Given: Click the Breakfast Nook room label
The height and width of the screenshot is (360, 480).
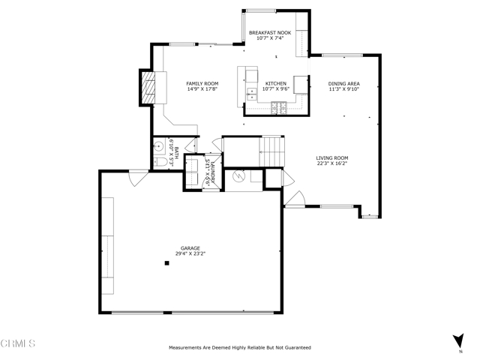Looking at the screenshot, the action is [270, 33].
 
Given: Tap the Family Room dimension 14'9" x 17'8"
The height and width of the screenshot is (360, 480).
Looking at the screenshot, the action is [202, 89].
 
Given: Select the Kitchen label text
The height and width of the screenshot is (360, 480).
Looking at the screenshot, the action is [276, 83].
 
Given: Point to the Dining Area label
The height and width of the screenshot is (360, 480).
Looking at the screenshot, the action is [344, 83].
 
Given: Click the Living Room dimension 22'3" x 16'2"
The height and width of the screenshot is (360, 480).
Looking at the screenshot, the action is [332, 163].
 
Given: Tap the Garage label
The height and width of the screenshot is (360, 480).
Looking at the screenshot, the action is [190, 248].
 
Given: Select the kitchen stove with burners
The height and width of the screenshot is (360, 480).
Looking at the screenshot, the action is [279, 108].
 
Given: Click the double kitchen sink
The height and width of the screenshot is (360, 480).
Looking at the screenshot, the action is [252, 94].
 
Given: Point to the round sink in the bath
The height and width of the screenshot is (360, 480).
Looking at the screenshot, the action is [158, 147].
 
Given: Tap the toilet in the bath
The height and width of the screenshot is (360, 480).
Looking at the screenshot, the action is [160, 162].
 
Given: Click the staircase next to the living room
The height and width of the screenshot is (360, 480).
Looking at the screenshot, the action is [271, 151].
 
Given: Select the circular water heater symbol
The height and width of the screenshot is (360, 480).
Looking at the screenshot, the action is [238, 176].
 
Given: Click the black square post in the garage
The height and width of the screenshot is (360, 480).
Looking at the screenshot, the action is [166, 263].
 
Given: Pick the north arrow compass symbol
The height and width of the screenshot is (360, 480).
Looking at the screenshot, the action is [458, 341].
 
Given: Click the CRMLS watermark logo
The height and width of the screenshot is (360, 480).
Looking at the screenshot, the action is [18, 343].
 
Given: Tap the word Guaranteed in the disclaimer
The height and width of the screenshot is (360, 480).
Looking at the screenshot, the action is [298, 347].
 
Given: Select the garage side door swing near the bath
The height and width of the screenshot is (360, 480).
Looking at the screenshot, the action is [138, 179].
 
